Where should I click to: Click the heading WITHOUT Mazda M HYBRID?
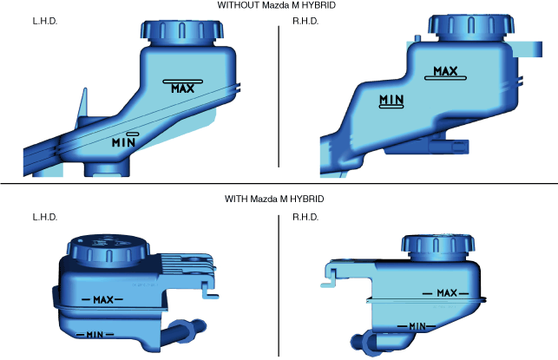coord(276,5)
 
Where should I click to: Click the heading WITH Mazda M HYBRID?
coord(274,199)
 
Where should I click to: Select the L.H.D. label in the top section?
coord(45,22)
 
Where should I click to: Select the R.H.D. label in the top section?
coord(305,22)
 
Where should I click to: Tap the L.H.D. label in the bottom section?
coord(45,217)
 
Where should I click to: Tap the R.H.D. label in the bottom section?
coord(305,217)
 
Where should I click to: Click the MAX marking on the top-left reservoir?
coord(183,88)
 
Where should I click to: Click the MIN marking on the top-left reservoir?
coord(123,142)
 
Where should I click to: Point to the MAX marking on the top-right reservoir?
coord(445,71)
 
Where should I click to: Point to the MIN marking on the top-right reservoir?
coord(391,100)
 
